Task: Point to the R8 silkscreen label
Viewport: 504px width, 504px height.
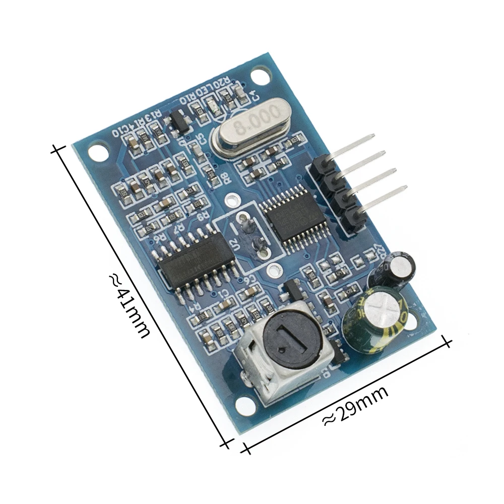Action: [x=223, y=176]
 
